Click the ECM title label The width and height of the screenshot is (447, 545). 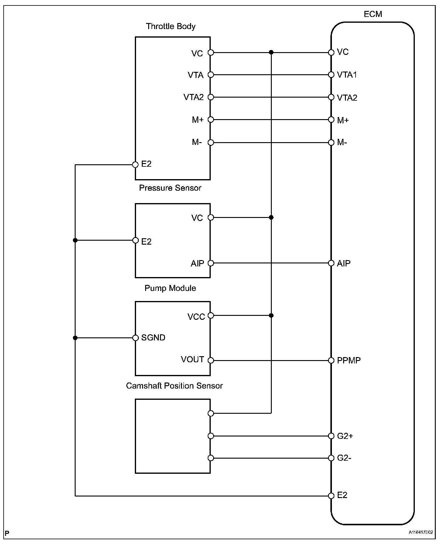pos(373,14)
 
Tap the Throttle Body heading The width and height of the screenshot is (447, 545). pos(170,26)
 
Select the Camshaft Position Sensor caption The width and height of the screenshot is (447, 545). pos(174,386)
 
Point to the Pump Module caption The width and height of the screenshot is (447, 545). pos(170,288)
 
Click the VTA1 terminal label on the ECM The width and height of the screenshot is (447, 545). pos(347,75)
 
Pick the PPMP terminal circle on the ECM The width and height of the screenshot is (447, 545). pos(331,360)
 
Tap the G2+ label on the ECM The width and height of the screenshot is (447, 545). pos(345,436)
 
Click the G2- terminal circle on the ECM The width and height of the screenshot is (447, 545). pos(331,458)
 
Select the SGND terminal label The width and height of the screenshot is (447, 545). pos(153,338)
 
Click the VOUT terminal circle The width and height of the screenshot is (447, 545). pos(211,360)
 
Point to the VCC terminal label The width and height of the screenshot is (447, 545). pos(196,317)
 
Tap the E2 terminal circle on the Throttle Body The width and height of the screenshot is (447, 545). pos(135,165)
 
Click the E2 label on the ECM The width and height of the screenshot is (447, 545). pos(342,495)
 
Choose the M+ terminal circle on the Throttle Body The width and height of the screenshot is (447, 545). pos(211,120)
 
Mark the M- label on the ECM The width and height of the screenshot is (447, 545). pos(342,142)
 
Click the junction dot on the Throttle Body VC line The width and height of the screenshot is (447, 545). pos(271,52)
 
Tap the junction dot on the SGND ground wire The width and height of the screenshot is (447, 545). pos(75,338)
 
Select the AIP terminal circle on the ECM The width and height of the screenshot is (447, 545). pos(331,263)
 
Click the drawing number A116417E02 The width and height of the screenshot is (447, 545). pos(421,532)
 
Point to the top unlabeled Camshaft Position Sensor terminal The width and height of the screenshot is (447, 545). pos(211,413)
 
